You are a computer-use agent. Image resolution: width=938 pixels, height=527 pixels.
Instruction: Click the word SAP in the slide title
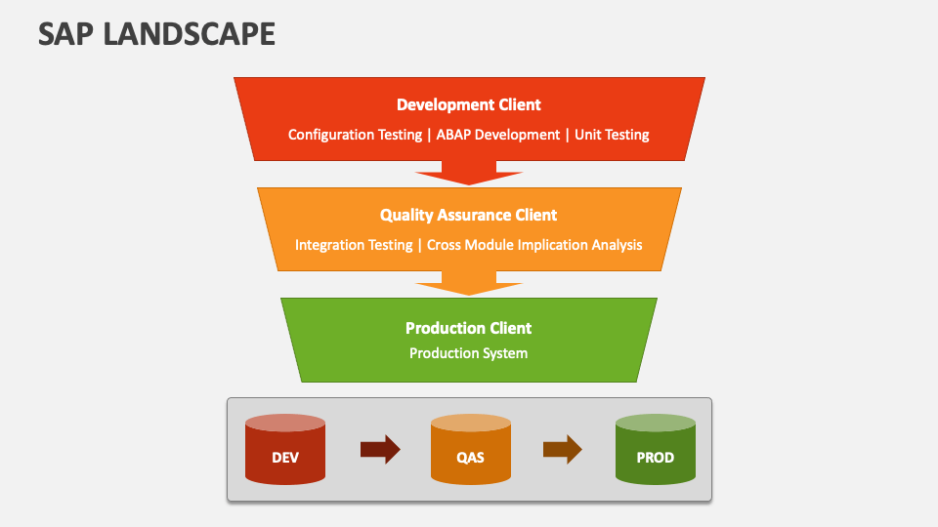point(66,34)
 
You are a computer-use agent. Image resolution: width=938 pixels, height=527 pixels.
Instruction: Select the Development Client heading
point(468,104)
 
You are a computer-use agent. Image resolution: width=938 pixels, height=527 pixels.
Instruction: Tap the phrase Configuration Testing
point(355,135)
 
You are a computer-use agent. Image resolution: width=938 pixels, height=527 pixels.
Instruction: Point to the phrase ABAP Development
point(497,135)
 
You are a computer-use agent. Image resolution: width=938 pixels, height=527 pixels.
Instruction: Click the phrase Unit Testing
point(612,135)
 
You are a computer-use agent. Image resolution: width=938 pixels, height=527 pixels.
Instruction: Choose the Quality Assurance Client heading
point(468,215)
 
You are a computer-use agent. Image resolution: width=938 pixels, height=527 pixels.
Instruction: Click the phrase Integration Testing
point(354,245)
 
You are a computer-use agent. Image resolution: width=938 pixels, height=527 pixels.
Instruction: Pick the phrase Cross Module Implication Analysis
point(534,245)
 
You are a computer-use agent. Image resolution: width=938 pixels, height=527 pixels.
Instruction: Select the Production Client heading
point(468,328)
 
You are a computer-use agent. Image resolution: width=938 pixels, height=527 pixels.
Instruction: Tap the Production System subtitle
point(468,353)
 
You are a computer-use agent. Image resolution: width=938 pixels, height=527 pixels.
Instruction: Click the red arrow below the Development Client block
point(469,176)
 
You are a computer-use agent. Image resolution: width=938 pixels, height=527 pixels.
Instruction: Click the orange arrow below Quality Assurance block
point(469,286)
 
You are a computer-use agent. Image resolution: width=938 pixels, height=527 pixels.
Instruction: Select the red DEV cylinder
point(284,456)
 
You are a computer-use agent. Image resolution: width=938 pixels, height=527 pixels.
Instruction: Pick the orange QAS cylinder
point(470,456)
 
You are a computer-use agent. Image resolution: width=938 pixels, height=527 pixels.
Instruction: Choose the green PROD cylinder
point(655,456)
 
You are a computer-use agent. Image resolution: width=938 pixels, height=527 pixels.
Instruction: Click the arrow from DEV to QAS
point(380,450)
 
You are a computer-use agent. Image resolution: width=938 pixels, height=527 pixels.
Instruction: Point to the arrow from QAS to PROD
point(563,450)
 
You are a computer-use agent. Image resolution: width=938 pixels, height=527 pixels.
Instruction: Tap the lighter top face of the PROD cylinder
point(655,423)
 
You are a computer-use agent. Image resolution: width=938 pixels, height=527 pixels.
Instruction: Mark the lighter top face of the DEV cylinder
point(284,423)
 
